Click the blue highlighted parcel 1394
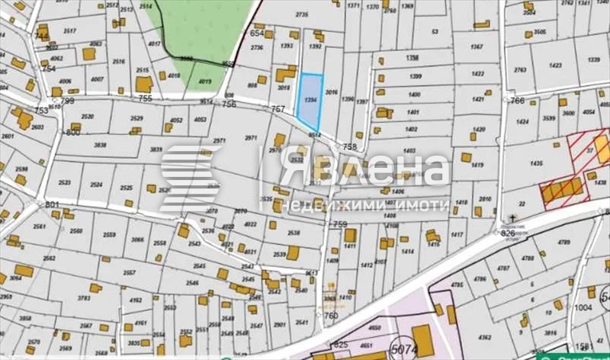click(x=309, y=101)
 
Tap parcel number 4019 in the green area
click(x=204, y=81)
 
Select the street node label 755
click(x=146, y=98)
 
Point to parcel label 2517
click(x=69, y=31)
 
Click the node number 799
click(x=67, y=100)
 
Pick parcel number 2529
click(x=136, y=118)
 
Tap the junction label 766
click(x=517, y=100)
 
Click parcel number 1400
click(x=415, y=94)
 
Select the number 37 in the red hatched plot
click(x=589, y=149)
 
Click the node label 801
click(x=52, y=204)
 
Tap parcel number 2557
click(x=129, y=272)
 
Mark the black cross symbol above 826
click(x=515, y=218)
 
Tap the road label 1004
click(x=583, y=307)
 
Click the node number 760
click(x=330, y=314)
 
